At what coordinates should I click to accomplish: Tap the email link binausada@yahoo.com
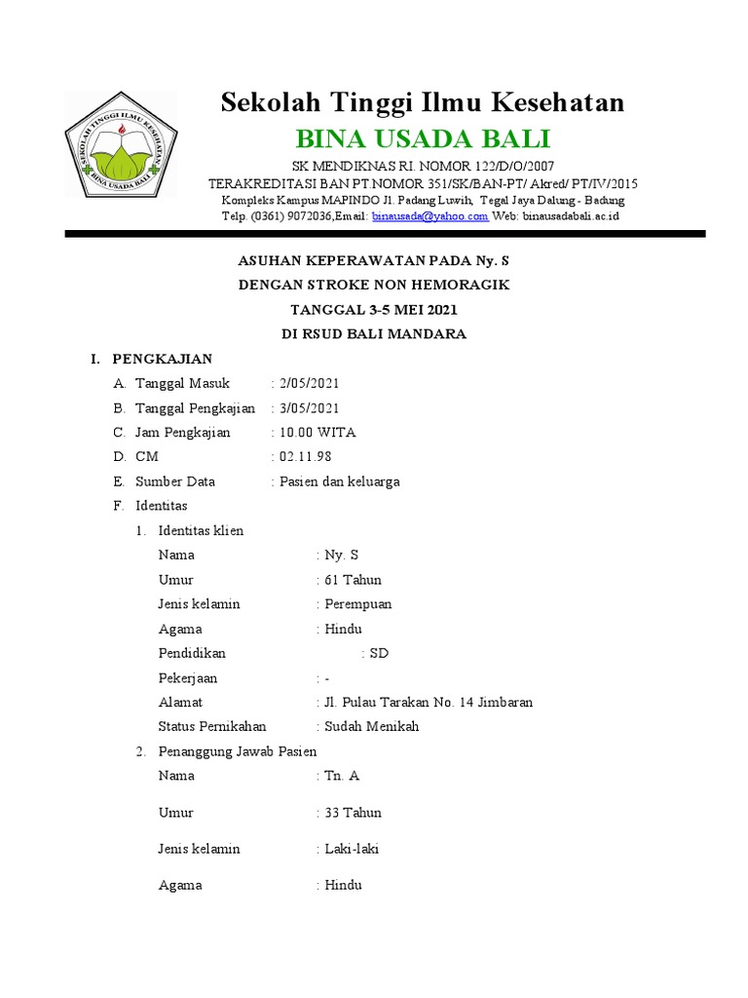coord(430,216)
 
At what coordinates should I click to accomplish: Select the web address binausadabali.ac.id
coord(571,216)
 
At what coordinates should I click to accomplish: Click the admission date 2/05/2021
coord(308,383)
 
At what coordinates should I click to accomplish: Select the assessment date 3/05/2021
coord(308,407)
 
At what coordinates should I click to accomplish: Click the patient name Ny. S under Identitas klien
coord(342,555)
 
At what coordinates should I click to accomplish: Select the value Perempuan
coord(357,603)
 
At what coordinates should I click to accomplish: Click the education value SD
coord(378,653)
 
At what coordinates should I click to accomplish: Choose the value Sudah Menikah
coord(371,726)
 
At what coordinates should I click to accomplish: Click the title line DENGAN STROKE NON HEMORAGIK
coord(374,285)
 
